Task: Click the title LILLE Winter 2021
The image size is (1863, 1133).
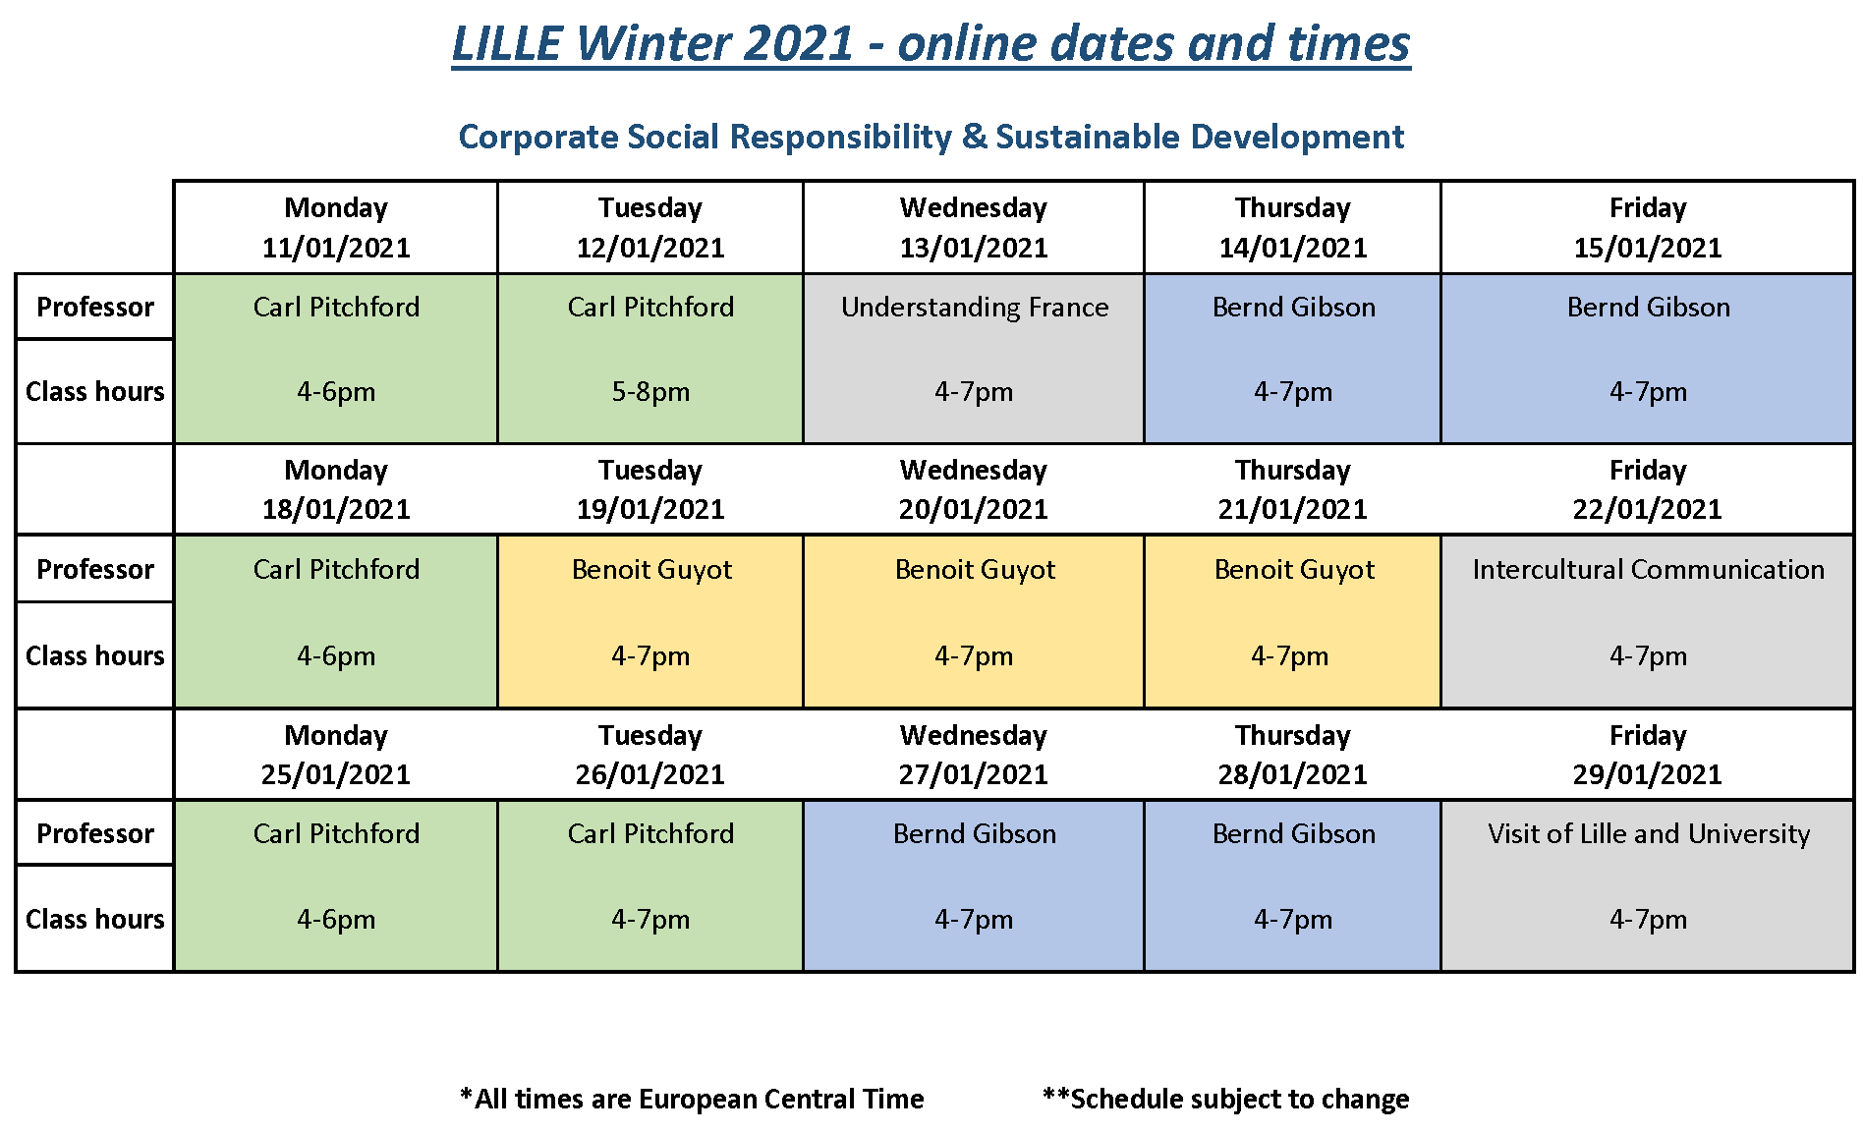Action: click(x=653, y=43)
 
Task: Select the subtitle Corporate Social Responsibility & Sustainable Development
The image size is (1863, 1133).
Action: click(x=931, y=137)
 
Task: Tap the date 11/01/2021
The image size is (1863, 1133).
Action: click(x=336, y=248)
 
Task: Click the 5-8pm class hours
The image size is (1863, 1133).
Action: click(x=650, y=392)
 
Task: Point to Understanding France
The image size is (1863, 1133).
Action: click(x=975, y=308)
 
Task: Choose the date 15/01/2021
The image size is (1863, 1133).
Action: click(x=1648, y=248)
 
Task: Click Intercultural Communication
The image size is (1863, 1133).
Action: click(x=1648, y=570)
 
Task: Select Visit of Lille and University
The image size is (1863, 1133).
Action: click(x=1649, y=834)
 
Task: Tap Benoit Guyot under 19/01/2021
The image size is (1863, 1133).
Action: click(x=651, y=570)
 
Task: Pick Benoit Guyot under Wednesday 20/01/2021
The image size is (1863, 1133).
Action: click(x=975, y=570)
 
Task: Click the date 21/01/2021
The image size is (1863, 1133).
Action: click(x=1293, y=510)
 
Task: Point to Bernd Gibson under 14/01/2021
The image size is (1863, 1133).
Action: click(x=1294, y=308)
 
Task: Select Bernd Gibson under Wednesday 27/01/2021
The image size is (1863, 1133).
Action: click(x=975, y=834)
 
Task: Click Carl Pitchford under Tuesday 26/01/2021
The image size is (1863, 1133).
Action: click(x=650, y=834)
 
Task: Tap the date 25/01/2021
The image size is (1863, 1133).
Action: click(x=336, y=774)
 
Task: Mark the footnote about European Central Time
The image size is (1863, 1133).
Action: click(x=692, y=1099)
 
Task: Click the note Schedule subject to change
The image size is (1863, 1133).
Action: click(x=1225, y=1099)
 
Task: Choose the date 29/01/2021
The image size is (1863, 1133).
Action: click(x=1648, y=774)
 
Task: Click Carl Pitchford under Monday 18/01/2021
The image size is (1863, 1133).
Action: click(x=336, y=570)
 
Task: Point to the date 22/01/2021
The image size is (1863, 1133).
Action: click(x=1648, y=510)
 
